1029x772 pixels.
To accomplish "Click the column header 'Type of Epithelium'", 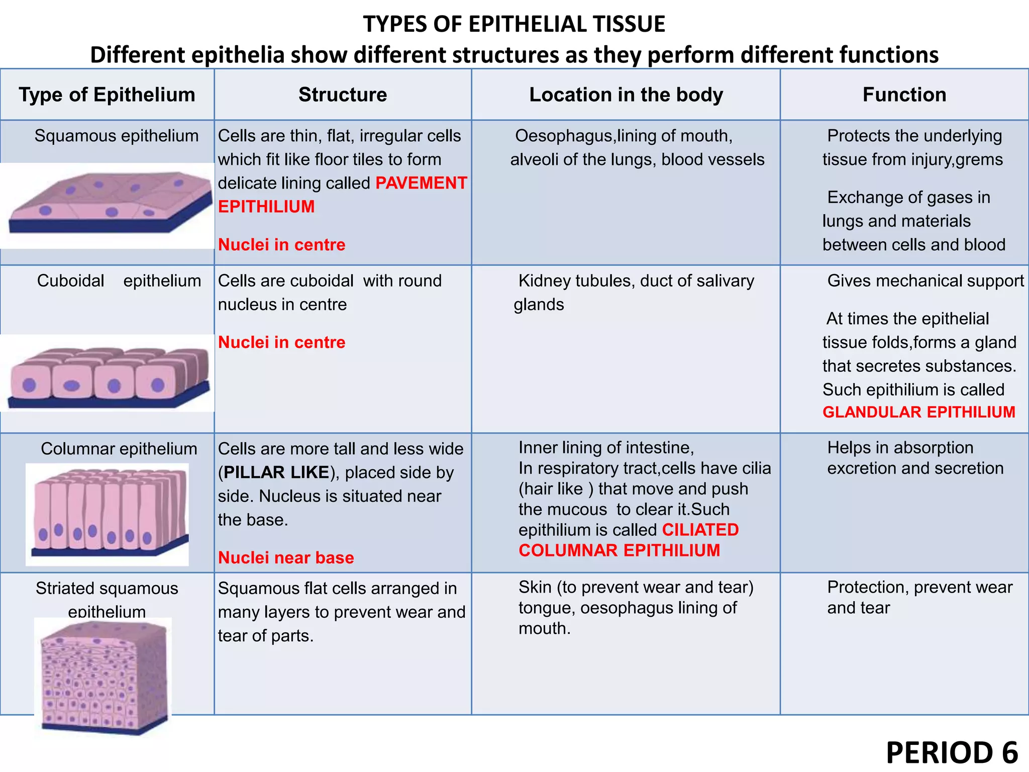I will pos(107,95).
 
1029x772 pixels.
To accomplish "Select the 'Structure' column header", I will pos(343,95).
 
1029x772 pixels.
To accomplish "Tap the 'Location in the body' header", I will pos(626,95).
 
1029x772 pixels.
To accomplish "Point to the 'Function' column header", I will pos(904,95).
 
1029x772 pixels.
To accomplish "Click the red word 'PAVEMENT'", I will pos(421,183).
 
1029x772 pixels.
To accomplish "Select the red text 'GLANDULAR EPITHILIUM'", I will pos(919,412).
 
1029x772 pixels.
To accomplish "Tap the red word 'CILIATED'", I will pos(700,530).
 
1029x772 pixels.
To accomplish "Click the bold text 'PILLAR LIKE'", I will pos(276,472).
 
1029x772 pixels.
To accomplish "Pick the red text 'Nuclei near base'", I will pos(286,558).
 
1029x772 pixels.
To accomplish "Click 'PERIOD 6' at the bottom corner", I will pos(952,753).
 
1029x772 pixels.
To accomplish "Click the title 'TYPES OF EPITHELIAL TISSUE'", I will pos(514,24).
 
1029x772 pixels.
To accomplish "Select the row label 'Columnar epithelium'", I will pos(119,449).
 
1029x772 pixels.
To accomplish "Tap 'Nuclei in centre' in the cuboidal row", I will pos(281,343).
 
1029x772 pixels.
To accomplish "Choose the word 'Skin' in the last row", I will pos(535,587).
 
